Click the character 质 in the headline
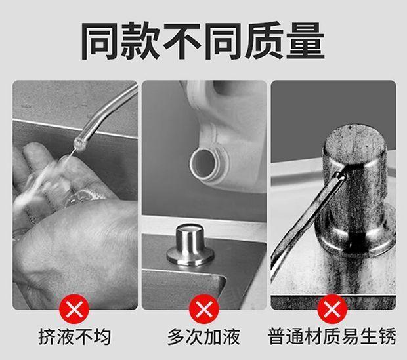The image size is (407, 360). click(265, 41)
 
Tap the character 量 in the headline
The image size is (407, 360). click(305, 41)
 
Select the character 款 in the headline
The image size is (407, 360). click(141, 41)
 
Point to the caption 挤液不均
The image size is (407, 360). click(75, 336)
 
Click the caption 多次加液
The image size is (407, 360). click(203, 336)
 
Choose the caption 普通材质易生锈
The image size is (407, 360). click(332, 336)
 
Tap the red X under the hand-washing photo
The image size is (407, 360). click(74, 309)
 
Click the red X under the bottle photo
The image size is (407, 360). click(204, 309)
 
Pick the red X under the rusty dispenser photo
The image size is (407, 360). click(332, 309)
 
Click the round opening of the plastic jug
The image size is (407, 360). click(202, 163)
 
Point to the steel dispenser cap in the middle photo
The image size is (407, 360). click(190, 245)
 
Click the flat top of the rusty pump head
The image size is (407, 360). click(355, 143)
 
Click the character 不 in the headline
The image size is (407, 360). click(182, 41)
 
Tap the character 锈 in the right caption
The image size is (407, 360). click(387, 336)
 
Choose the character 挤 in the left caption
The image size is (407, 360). click(47, 336)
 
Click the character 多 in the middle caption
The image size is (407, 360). click(177, 336)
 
